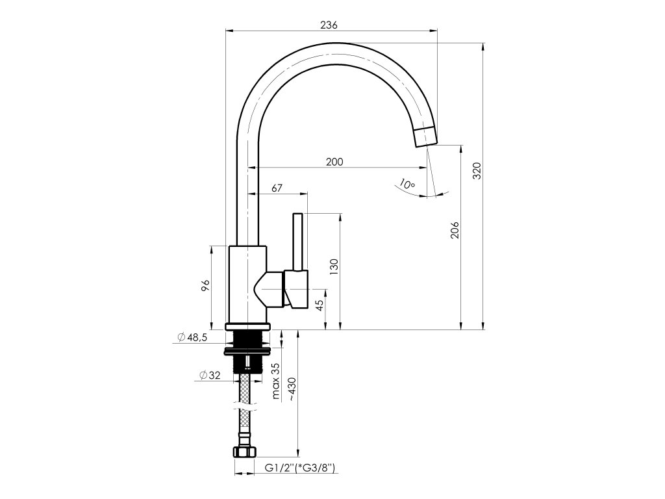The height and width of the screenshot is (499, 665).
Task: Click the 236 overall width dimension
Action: [329, 25]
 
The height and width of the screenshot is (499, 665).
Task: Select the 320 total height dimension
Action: [477, 171]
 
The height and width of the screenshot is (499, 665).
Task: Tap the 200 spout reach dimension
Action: [334, 162]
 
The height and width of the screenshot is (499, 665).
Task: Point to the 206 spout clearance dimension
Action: [455, 231]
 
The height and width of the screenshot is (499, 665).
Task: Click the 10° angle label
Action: [407, 185]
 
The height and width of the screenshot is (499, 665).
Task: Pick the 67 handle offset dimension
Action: [277, 188]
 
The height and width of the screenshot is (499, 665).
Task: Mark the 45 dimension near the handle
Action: [320, 305]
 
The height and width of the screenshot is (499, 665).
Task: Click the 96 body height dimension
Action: [205, 285]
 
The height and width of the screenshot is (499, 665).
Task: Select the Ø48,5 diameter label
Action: [192, 337]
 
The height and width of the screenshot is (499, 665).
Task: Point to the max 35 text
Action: [275, 381]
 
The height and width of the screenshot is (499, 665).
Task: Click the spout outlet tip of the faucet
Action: [425, 136]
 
